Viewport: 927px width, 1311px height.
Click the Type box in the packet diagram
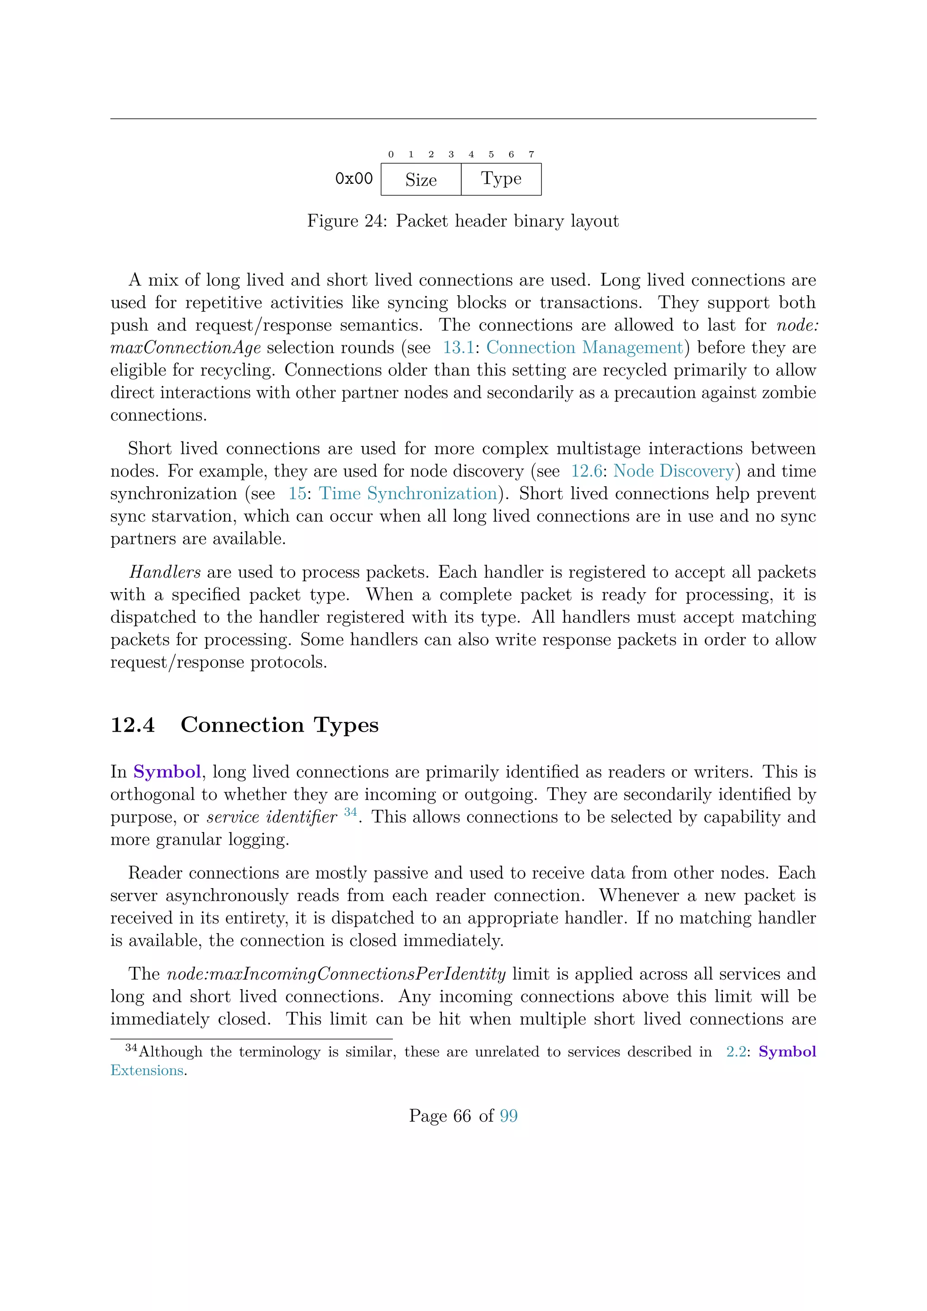coord(501,179)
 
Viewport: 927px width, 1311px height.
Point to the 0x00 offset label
coord(354,179)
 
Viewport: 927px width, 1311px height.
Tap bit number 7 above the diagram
coord(531,154)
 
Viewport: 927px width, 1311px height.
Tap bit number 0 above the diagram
coord(391,154)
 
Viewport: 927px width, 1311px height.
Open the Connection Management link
coord(584,348)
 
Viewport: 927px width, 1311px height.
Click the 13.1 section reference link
coord(459,348)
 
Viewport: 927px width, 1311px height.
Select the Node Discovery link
coord(674,471)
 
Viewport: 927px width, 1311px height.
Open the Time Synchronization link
coord(408,493)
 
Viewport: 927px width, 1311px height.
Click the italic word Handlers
coord(165,572)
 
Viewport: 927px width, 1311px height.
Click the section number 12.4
coord(133,725)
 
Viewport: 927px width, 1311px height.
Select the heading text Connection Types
coord(279,725)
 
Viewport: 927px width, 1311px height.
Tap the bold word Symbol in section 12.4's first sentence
coord(167,772)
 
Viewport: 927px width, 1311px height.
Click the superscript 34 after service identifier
coord(350,812)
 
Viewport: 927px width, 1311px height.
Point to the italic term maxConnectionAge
coord(186,348)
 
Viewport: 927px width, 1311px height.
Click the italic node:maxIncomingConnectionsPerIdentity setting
coord(336,974)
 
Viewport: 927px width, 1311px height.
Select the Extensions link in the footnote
coord(147,1071)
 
